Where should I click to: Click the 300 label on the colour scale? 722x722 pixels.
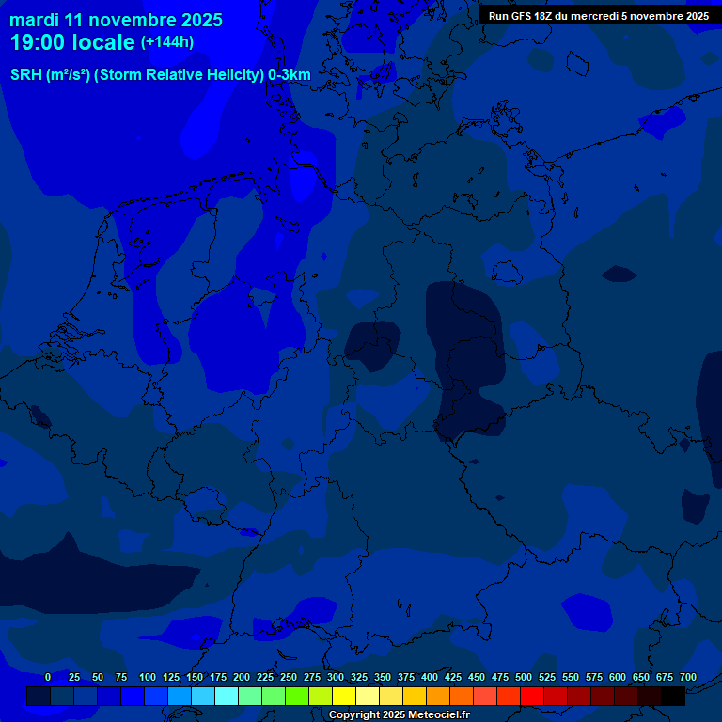336,677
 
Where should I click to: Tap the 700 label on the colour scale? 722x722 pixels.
688,677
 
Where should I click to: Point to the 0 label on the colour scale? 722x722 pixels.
48,677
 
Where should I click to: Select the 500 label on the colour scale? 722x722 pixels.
524,677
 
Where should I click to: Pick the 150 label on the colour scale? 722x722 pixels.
195,677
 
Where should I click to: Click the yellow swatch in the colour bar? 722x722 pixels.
344,696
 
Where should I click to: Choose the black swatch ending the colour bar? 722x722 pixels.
673,696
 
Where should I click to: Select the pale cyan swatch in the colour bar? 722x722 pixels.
227,696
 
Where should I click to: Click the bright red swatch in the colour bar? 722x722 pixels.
532,696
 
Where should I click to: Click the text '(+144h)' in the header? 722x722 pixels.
166,41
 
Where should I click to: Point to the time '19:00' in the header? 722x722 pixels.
39,43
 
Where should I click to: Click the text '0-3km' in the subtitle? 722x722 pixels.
290,74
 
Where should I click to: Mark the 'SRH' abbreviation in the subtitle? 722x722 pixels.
26,74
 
